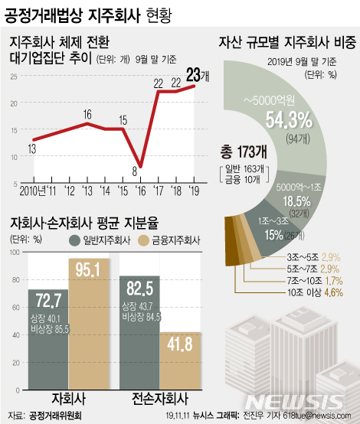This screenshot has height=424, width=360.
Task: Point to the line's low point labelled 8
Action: coord(136,162)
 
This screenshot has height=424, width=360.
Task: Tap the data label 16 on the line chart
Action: coord(88,114)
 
